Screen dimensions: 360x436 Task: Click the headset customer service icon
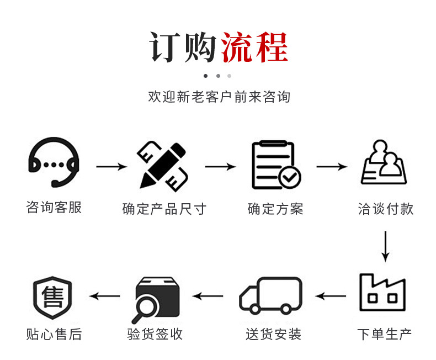tap(54, 162)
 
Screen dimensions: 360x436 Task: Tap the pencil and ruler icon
tap(163, 164)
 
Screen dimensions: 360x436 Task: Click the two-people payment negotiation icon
tap(384, 163)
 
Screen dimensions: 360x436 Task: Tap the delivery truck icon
tap(271, 295)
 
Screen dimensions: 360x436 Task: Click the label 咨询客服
tap(54, 208)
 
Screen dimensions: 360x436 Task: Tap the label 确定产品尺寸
tap(164, 209)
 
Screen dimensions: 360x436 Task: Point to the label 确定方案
tap(275, 209)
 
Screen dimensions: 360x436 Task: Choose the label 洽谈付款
tap(385, 209)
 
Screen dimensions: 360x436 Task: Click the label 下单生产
tap(385, 334)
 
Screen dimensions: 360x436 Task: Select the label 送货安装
tap(274, 334)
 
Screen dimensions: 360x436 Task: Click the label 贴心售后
tap(54, 334)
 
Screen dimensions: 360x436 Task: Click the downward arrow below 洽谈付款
tap(385, 246)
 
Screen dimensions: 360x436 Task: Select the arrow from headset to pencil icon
tap(111, 166)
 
